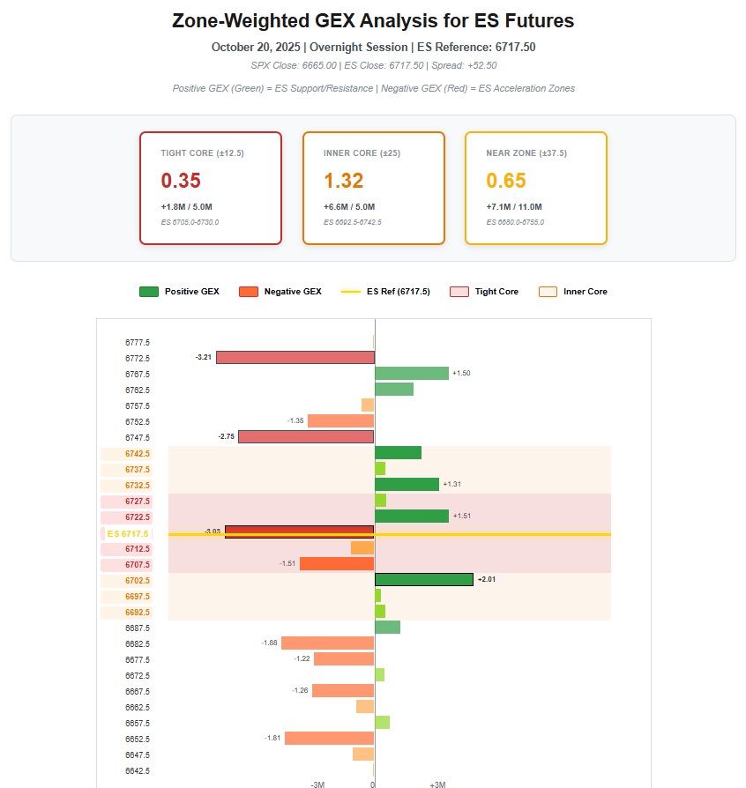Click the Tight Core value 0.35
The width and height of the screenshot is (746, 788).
[181, 181]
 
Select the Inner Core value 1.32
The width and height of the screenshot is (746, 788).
[344, 181]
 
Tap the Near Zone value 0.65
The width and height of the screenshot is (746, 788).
[506, 181]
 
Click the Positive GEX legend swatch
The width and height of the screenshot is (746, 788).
[148, 292]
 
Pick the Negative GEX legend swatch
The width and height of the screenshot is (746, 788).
[248, 292]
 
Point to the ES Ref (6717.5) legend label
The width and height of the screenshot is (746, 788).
[399, 292]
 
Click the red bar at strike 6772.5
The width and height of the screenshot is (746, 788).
[295, 357]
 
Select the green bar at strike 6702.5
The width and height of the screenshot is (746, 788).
[424, 579]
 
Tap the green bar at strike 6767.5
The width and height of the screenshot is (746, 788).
[412, 373]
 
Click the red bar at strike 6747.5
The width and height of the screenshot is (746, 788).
[306, 436]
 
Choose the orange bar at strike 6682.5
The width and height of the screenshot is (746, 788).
[328, 643]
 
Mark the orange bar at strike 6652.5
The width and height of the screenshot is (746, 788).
[330, 738]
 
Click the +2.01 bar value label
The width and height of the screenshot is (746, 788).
[487, 579]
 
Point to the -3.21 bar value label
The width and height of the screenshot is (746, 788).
[203, 357]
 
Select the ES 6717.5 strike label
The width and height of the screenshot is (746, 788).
[127, 533]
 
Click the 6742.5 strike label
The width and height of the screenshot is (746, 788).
[137, 453]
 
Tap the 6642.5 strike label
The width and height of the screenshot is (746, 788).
[137, 770]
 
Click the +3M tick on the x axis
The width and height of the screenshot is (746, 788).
[437, 784]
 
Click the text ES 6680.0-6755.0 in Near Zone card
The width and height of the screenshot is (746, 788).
[515, 222]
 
